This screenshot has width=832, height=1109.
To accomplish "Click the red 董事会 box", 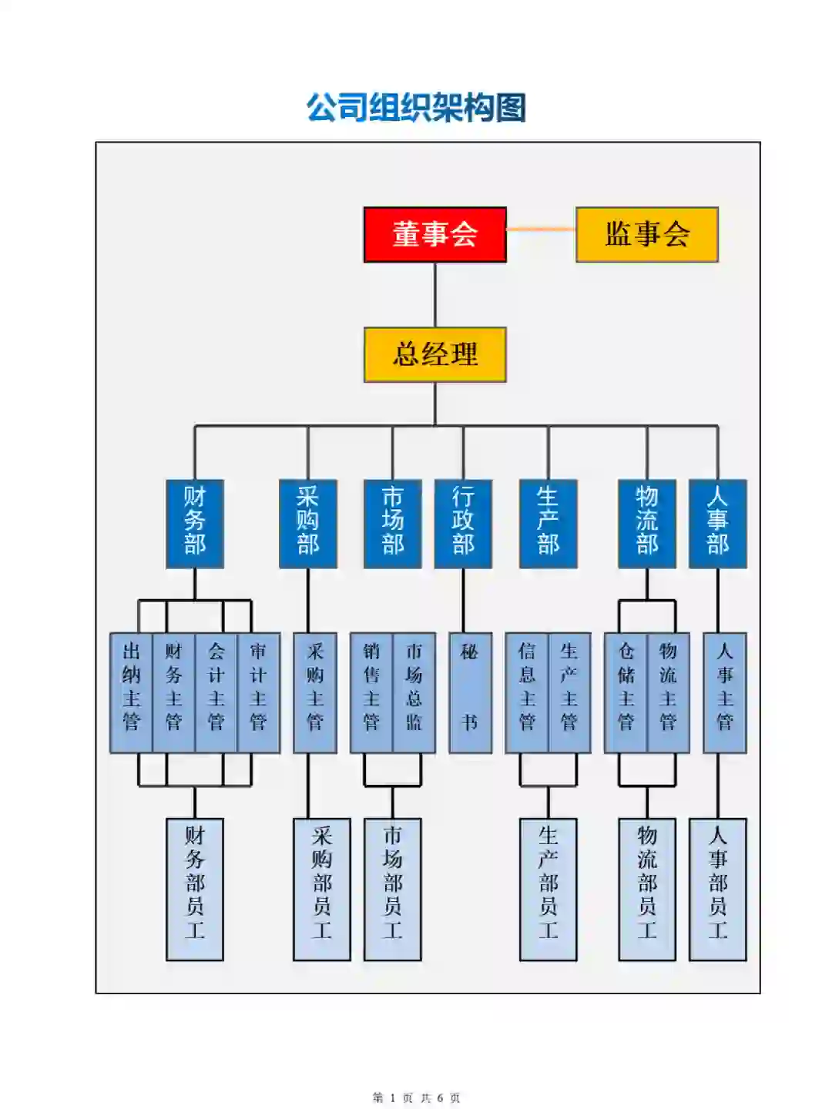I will (434, 234).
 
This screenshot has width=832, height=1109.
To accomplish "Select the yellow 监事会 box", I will (646, 234).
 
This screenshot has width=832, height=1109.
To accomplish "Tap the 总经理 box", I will (434, 354).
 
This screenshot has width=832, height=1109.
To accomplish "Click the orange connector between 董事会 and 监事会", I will (541, 229).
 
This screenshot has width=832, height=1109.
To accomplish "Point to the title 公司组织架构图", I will (416, 108).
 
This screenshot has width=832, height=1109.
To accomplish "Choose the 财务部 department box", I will (195, 524).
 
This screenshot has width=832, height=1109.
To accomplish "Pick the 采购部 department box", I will (308, 524).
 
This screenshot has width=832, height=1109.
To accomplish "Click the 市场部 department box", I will (393, 524).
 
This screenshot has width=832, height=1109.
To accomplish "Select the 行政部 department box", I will (463, 524).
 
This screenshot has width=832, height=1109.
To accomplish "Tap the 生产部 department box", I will (548, 524).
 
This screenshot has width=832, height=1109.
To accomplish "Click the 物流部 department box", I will (647, 524).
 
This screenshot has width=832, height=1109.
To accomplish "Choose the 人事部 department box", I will (717, 524).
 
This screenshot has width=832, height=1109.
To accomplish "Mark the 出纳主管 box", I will (132, 692).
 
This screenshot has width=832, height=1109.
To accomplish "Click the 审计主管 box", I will (258, 692).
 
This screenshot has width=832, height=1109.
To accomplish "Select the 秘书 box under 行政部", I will (470, 692).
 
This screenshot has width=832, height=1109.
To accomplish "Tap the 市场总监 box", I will (414, 692).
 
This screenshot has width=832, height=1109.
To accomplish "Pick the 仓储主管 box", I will (626, 692).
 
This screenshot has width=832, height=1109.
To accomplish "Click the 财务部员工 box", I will (195, 889).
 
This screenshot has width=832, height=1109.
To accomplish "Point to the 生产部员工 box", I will (548, 889).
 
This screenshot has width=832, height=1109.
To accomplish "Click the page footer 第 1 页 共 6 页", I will (416, 1097).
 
